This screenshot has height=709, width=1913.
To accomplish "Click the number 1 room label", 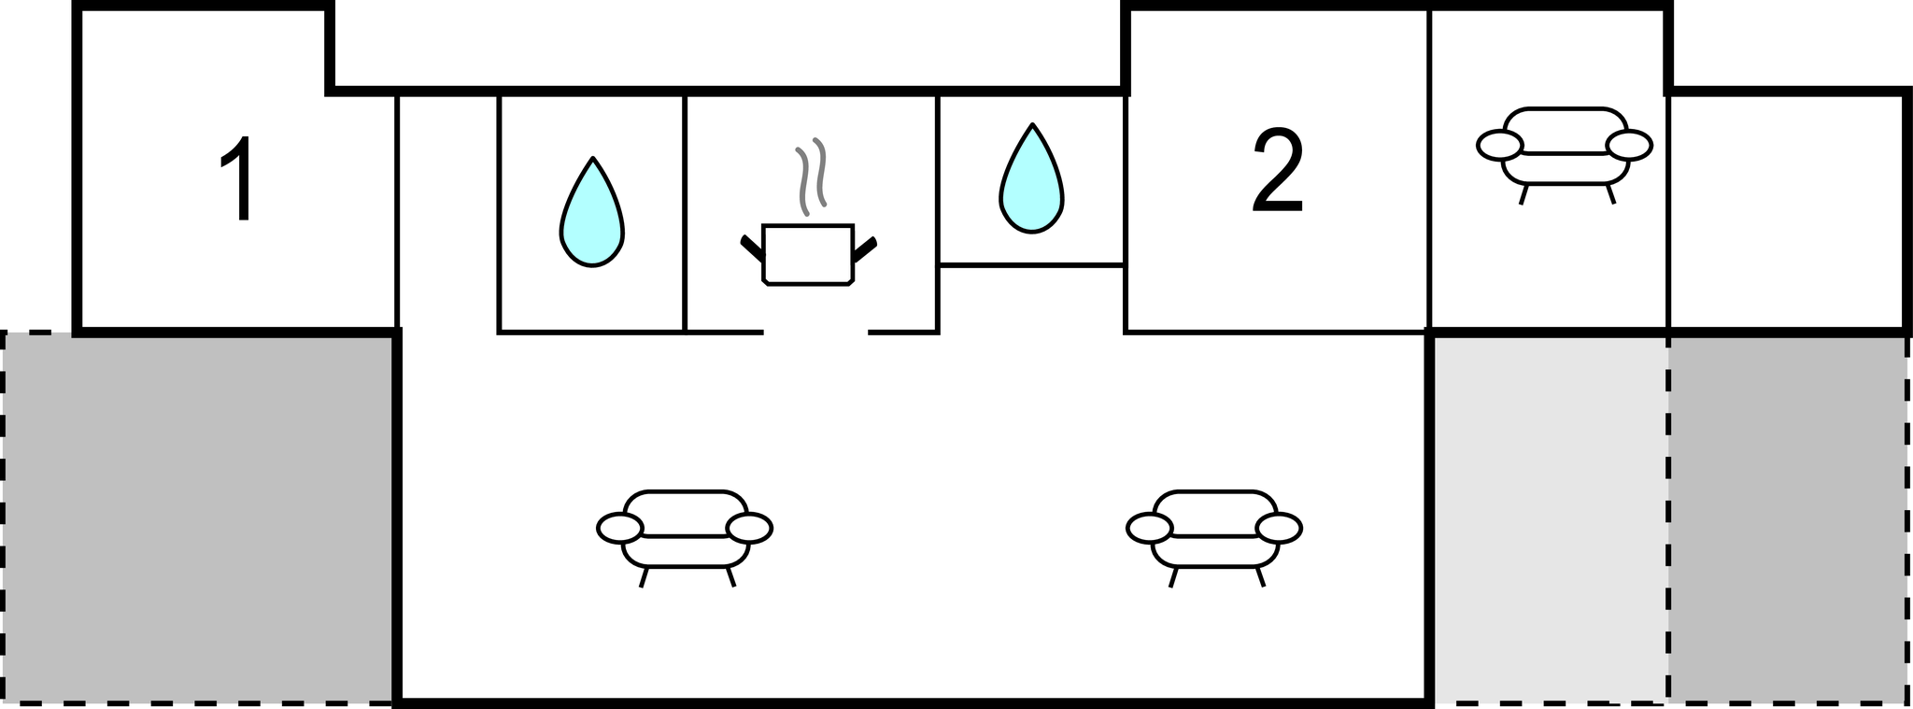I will (x=236, y=179).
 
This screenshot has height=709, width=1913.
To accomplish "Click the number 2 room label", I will (x=1277, y=171).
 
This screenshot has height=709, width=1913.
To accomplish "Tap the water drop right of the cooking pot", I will (x=1031, y=179).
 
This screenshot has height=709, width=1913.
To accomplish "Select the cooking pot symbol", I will (x=808, y=253).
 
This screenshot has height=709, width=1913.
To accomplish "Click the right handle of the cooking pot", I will (x=865, y=248).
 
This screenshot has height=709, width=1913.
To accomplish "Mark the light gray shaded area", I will (x=1550, y=518).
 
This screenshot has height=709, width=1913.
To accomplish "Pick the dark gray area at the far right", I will (x=1787, y=518).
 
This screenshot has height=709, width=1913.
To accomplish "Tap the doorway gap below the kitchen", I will (x=815, y=332).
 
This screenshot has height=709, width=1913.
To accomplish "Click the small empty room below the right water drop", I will (x=1031, y=298).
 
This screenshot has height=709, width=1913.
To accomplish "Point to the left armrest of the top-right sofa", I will (x=1499, y=145).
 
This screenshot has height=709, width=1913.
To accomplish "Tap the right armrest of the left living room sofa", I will (x=749, y=529).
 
